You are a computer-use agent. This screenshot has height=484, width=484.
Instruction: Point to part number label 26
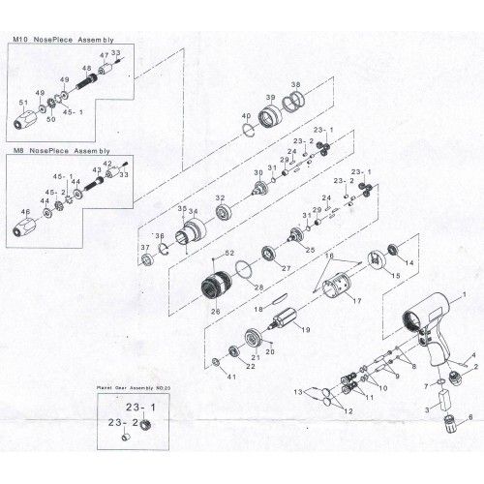[215, 311]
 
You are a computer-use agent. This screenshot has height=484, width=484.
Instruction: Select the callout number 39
[272, 98]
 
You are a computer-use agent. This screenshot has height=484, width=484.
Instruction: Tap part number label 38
[296, 83]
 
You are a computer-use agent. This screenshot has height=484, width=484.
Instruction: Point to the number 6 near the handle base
[470, 416]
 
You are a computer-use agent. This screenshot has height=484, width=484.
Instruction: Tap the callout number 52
[228, 254]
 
